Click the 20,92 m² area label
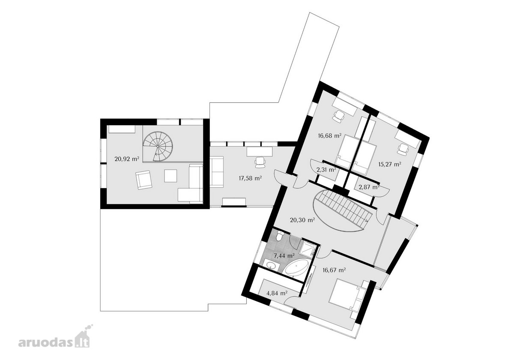tap(127, 159)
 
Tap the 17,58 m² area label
tap(250, 178)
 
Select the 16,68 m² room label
tap(329, 135)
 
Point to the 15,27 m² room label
tap(390, 164)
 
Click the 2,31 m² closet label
tap(326, 170)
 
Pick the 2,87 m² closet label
tap(369, 187)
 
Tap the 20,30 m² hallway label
tap(302, 220)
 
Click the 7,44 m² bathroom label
tap(284, 255)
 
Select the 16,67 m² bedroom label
tap(334, 270)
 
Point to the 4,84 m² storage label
tap(277, 293)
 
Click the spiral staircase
tap(158, 147)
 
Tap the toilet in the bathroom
tap(279, 236)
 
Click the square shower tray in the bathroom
tap(308, 248)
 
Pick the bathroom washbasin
tap(271, 265)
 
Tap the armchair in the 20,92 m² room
tap(143, 180)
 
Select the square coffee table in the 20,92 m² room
tap(170, 176)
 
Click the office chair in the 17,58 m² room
tap(260, 161)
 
